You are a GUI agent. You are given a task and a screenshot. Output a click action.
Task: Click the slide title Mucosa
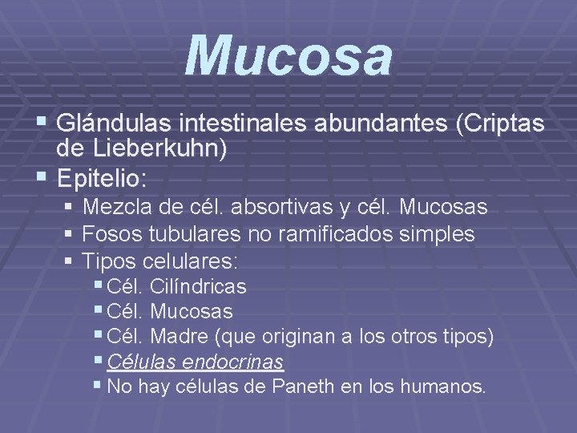(289, 57)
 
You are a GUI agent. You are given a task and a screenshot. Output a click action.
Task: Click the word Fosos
(111, 235)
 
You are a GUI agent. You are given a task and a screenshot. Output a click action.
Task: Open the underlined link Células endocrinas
(195, 362)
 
